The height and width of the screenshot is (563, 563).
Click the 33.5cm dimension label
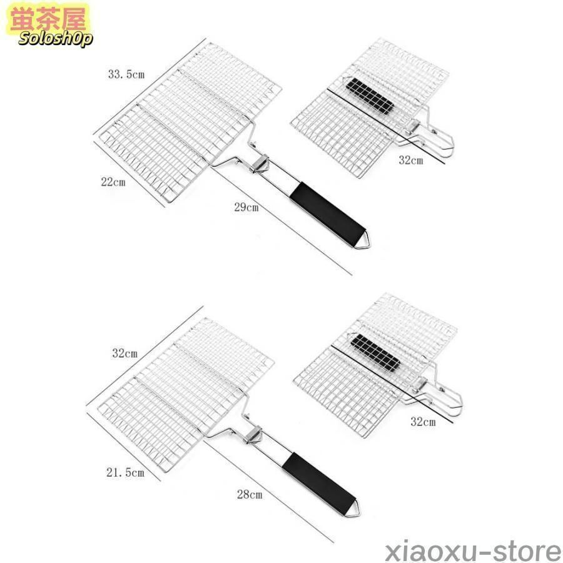pos(126,74)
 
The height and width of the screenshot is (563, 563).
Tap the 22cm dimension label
pos(113,182)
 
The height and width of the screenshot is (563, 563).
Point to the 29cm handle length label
pos(246,207)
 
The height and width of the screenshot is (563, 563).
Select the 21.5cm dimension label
pos(125,472)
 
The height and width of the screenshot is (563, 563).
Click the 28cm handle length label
pos(250,494)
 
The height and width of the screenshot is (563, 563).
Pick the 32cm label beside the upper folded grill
pos(411,160)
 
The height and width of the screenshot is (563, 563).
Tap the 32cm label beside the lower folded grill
pos(423,422)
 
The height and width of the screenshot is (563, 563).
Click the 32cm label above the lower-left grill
pos(124,353)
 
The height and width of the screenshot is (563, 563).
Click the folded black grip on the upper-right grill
pos(370,96)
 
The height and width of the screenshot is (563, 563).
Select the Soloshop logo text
pos(56,38)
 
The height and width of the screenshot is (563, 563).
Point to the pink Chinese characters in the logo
pos(48,19)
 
